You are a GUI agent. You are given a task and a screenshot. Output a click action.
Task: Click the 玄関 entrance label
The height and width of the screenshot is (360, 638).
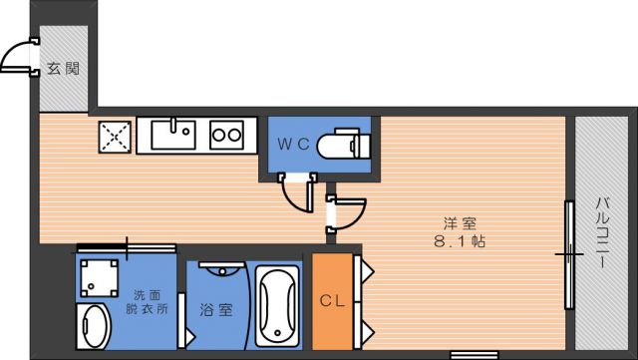pos(63,69)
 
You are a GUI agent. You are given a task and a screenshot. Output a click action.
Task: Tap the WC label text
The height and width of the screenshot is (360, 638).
pos(293,144)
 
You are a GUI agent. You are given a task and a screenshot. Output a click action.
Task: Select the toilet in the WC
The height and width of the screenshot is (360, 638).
pos(344,144)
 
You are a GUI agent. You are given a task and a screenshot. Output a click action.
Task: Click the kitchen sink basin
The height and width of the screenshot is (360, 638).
pos(173,135)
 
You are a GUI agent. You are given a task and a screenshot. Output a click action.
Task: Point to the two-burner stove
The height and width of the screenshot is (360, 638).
pos(226,135)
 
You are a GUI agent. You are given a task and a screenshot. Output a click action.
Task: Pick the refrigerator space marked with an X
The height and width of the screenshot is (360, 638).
pos(116,137)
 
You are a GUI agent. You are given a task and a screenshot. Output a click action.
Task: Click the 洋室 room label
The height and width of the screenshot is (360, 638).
pos(460,223)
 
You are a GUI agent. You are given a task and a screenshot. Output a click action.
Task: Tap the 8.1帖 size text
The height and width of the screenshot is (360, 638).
pos(460,242)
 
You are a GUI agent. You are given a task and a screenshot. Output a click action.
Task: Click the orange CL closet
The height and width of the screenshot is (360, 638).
pos(332,301)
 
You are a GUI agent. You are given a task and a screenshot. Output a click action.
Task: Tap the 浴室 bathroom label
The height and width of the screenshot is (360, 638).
pos(216,311)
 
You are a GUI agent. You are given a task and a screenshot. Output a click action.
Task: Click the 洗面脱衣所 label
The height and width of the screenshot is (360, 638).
pos(147,302)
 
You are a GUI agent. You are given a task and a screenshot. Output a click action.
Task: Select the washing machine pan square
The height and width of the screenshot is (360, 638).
pos(99,278)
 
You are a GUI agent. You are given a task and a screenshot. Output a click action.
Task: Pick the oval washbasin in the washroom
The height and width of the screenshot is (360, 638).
pos(94,327)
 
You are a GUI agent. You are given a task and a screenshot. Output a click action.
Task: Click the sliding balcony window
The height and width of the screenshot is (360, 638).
pos(569,255)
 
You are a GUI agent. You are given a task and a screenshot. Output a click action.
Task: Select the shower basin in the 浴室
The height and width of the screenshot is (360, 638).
pos(222,268)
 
